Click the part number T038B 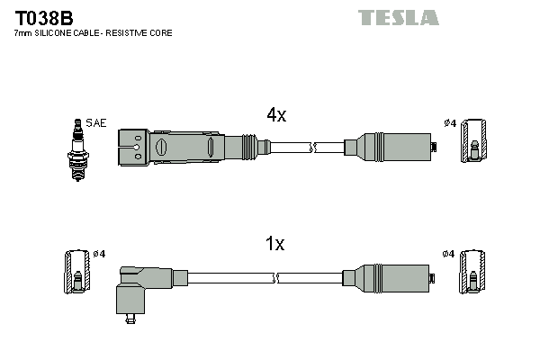point(43,17)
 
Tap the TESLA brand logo point(398,17)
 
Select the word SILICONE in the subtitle point(58,33)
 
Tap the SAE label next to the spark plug point(95,122)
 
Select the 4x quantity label point(275,114)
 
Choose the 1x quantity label point(274,243)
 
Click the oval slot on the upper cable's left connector point(162,146)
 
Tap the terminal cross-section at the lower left point(75,272)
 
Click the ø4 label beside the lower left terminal point(99,255)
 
